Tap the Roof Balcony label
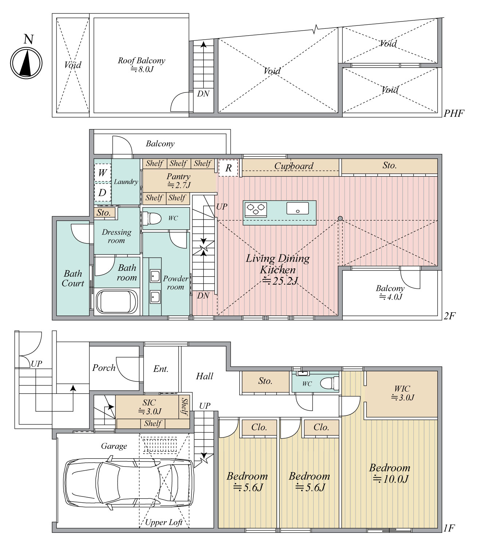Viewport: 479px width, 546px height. (x=141, y=65)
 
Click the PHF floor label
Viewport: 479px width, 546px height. (x=454, y=114)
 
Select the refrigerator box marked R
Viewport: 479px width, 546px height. (x=228, y=168)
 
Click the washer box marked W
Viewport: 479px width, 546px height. (x=102, y=173)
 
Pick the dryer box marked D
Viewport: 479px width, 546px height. (x=102, y=193)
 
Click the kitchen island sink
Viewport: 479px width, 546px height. (x=298, y=208)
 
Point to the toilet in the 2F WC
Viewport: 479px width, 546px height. (x=151, y=218)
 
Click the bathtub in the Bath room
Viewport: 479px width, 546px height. (x=117, y=301)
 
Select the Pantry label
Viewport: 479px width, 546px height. (x=178, y=181)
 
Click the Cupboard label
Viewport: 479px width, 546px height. (x=294, y=166)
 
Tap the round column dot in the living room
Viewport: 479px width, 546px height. (x=340, y=218)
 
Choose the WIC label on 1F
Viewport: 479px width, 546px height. (x=403, y=393)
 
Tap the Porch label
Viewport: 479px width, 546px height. (x=104, y=368)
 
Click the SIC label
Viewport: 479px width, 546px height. (x=149, y=407)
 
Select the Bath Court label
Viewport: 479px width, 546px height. (x=73, y=278)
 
